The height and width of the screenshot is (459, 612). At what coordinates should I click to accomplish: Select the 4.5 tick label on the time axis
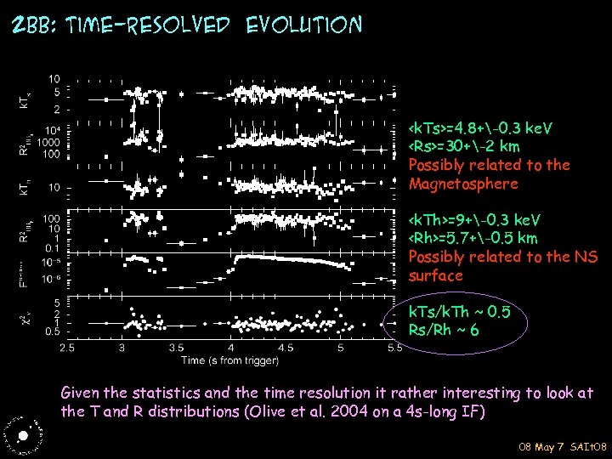click(286, 348)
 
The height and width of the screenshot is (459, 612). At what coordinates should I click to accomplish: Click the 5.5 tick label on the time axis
click(394, 348)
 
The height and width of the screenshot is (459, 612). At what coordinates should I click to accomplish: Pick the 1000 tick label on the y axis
click(50, 143)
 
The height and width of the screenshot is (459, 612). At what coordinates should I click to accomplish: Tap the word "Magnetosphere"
click(462, 184)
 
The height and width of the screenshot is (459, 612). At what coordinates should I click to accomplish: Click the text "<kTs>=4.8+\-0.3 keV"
click(480, 128)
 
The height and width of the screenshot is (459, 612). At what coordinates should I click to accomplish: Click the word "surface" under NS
click(435, 275)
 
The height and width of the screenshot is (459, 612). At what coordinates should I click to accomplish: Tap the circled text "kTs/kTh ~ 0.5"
click(459, 312)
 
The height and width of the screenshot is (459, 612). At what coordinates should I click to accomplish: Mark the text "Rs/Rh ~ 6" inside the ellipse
click(445, 330)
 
